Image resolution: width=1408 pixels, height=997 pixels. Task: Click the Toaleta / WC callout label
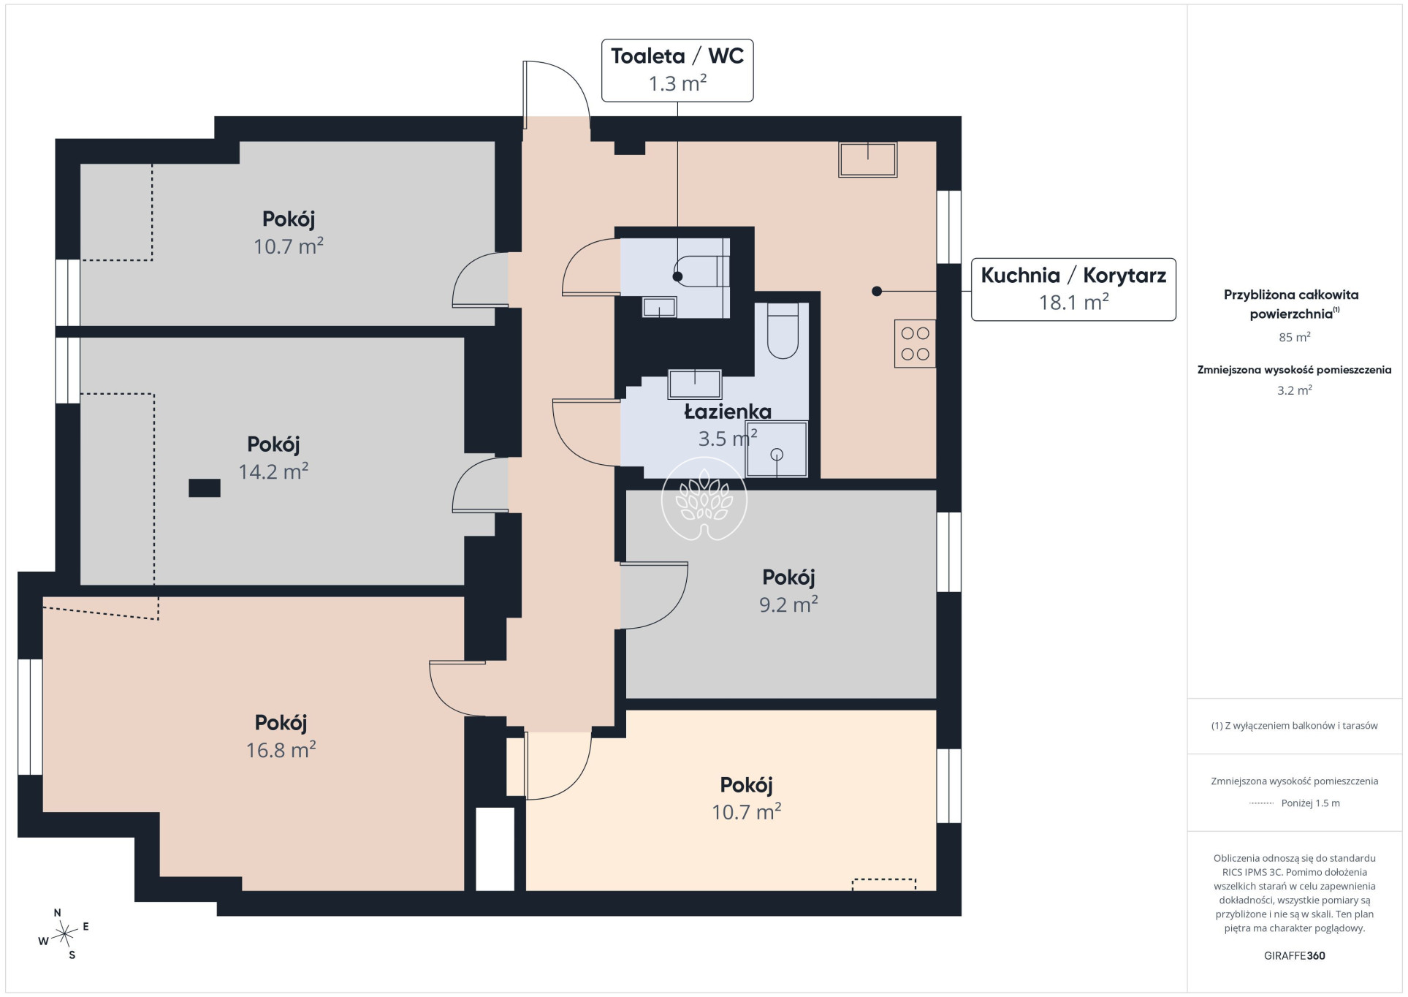tap(677, 70)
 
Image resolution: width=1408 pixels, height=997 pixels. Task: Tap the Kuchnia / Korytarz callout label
tap(1073, 289)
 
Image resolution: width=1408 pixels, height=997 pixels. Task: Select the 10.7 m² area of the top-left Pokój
tap(289, 246)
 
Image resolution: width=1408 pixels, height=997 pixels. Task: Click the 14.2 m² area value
tap(273, 471)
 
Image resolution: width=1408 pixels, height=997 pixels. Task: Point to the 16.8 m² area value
tap(281, 750)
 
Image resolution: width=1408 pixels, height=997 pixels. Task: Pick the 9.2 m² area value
tap(788, 604)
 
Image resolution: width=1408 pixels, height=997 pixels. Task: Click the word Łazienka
tap(728, 412)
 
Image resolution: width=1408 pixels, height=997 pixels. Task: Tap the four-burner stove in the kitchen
tap(915, 344)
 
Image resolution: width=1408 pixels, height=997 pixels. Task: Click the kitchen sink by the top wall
tap(867, 159)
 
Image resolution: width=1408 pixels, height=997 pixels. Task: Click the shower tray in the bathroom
tap(777, 449)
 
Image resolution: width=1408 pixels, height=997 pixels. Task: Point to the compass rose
tap(64, 933)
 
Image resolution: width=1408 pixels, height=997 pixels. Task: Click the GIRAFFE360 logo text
tap(1294, 955)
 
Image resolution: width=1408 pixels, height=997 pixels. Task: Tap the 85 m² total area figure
tap(1294, 337)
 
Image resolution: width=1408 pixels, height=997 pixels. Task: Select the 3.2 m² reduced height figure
tap(1294, 390)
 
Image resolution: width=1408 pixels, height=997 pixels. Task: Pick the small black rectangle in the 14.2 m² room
tap(205, 488)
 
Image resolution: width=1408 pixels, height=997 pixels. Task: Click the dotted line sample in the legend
tap(1261, 803)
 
